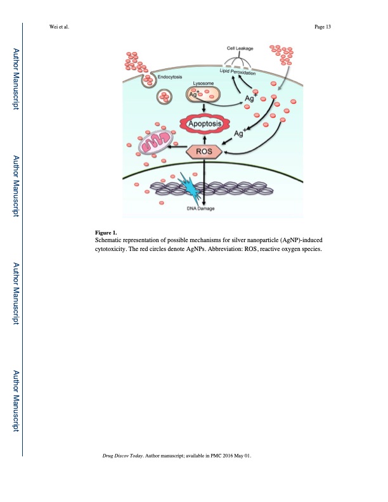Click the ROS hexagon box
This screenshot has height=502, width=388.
[x=204, y=151]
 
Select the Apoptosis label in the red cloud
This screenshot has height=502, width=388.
[x=205, y=124]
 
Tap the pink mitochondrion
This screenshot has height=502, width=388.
[x=156, y=142]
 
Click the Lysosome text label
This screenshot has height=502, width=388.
[x=204, y=83]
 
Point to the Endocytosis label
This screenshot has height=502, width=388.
[x=170, y=77]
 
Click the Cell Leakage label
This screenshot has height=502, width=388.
[x=240, y=48]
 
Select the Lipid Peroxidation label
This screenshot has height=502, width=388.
[x=238, y=72]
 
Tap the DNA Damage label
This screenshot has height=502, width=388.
[x=201, y=209]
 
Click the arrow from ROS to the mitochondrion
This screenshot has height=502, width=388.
[x=178, y=147]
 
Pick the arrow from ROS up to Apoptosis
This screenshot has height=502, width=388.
[x=205, y=140]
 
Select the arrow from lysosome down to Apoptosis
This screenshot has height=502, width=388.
[x=204, y=107]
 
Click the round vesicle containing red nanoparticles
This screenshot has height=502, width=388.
[x=164, y=97]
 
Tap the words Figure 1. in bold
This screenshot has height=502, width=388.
[x=106, y=233]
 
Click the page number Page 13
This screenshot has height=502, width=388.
[x=322, y=27]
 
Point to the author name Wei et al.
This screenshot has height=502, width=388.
[x=59, y=27]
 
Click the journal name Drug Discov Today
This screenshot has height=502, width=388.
[x=122, y=456]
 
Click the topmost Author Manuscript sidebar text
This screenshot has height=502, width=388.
[x=16, y=79]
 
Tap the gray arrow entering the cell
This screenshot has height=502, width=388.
[x=287, y=77]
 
